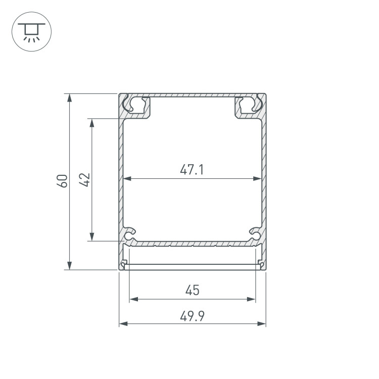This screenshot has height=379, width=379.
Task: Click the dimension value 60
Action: [x=62, y=181]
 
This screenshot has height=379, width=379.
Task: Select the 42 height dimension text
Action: [x=85, y=180]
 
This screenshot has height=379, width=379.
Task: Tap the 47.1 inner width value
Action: [x=192, y=169]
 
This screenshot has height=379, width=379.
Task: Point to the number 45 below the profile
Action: [x=193, y=290]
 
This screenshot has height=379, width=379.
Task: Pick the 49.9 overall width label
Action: [x=193, y=316]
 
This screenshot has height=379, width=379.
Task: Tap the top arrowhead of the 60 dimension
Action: [x=69, y=98]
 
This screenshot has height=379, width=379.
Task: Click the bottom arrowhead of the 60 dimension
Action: [x=69, y=265]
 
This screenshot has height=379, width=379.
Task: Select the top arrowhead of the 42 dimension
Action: [x=92, y=123]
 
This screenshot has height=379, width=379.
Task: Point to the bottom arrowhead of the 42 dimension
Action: [x=92, y=236]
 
